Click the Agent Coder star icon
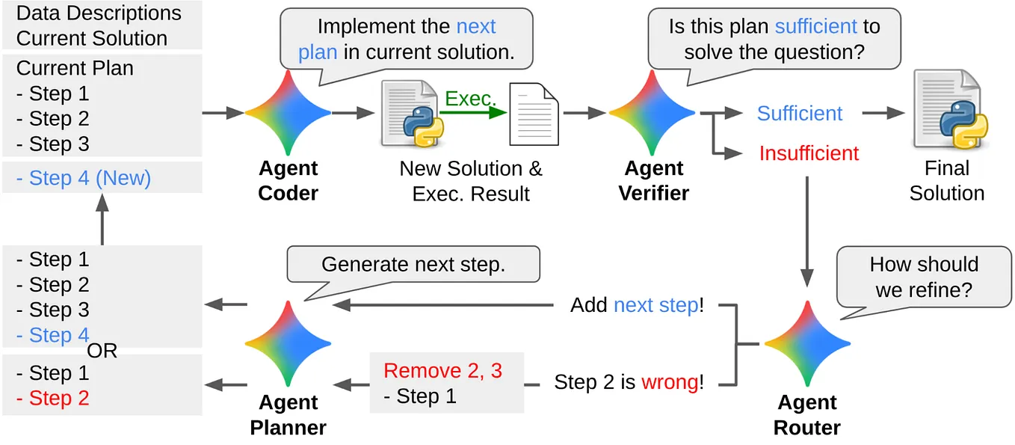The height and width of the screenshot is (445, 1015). [289, 113]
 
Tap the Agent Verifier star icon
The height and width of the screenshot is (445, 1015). [652, 113]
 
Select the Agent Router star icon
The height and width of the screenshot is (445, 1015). [807, 344]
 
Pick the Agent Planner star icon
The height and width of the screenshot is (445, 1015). [289, 344]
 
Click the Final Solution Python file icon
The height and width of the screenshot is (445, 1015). [948, 110]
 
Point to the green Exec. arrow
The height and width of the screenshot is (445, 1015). [472, 113]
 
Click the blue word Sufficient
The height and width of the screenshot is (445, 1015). [799, 113]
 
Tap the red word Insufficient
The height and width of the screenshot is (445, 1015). [809, 153]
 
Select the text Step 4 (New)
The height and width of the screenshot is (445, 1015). [83, 178]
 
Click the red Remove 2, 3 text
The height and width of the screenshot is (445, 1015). [442, 371]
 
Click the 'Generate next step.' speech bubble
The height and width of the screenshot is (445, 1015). [413, 265]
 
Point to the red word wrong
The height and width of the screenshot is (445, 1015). [670, 382]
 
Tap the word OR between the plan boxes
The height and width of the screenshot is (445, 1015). [102, 351]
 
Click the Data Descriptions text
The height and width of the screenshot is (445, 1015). [99, 13]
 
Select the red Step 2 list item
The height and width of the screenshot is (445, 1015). [52, 399]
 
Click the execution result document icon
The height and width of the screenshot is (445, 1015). [534, 114]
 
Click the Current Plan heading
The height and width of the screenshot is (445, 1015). [75, 68]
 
